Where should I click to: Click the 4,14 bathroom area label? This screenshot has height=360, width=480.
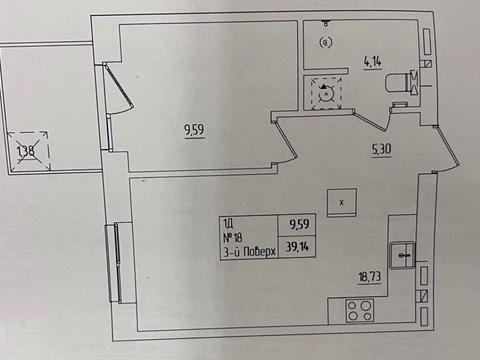[x=372, y=62]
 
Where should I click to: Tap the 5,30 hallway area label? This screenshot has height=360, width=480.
[x=381, y=150]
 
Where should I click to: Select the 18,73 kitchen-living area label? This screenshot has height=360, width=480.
[x=369, y=277]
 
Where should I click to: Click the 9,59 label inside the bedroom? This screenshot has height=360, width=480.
[x=194, y=130]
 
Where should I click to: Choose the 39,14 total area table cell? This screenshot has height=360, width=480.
[x=297, y=247]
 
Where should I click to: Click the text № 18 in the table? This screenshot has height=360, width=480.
[x=232, y=238]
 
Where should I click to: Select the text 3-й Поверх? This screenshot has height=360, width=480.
[x=249, y=252]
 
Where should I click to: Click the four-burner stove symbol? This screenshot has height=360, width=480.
[x=359, y=310]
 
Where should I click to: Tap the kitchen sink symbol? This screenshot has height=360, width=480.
[x=402, y=255]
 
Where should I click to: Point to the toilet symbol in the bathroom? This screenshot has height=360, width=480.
[x=399, y=82]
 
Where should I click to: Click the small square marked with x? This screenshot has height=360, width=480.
[x=342, y=203]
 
